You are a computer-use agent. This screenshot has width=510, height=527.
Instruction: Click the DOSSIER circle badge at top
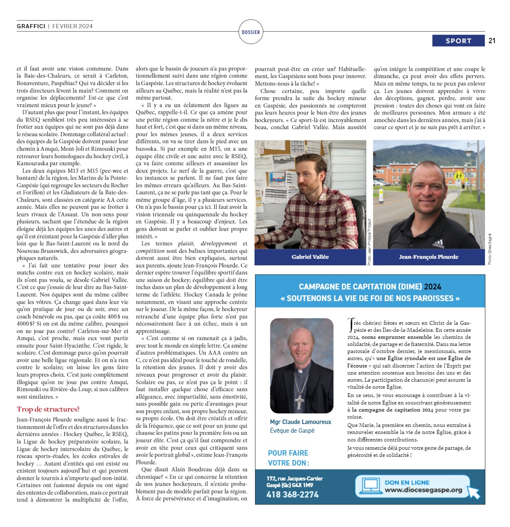(251, 32)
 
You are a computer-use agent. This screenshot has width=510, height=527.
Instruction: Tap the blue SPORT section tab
(458, 41)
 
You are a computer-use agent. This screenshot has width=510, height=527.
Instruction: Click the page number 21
(492, 41)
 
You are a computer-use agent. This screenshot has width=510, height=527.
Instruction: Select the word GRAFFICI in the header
(31, 26)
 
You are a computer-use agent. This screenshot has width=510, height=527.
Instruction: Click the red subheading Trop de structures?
(48, 409)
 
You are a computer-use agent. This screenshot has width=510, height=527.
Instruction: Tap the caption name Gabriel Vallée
(310, 257)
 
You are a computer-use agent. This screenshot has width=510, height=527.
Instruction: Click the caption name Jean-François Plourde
(429, 257)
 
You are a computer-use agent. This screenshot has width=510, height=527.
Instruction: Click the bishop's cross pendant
(299, 400)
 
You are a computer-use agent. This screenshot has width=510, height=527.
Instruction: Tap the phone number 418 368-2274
(292, 495)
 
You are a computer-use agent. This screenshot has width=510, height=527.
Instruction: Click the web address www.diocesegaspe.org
(423, 490)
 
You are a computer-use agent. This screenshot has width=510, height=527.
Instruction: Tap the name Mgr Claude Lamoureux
(300, 422)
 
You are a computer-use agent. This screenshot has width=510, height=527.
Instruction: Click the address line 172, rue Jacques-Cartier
(294, 478)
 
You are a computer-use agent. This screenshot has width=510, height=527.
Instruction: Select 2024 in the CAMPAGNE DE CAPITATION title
(432, 287)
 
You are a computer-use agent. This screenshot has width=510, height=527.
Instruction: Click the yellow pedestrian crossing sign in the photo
(458, 176)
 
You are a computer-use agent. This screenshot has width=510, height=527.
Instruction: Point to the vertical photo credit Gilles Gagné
(490, 249)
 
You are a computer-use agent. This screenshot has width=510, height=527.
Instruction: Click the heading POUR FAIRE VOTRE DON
(288, 458)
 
